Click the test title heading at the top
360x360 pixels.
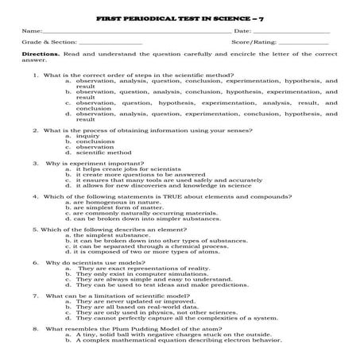[180, 16]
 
